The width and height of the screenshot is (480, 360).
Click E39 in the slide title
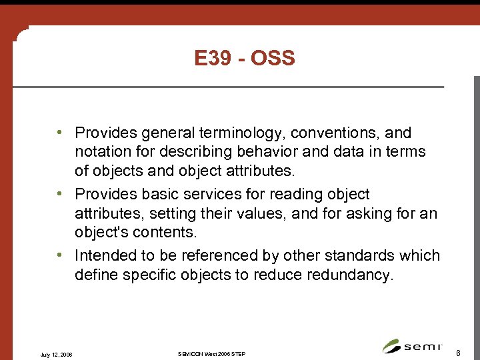tap(211, 59)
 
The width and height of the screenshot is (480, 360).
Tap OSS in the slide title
tap(274, 59)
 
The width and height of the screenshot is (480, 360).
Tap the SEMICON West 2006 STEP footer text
tap(212, 353)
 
